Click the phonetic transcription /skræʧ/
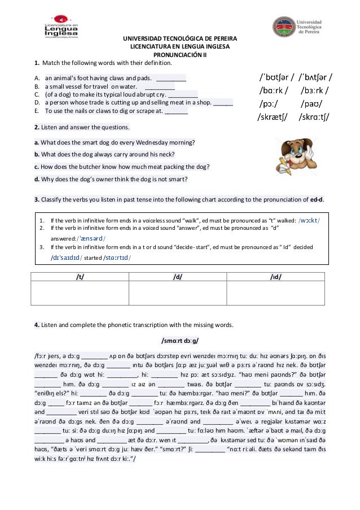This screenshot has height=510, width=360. tap(275, 118)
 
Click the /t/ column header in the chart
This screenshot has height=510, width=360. tap(80, 276)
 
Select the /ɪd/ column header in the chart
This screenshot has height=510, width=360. tap(275, 276)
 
